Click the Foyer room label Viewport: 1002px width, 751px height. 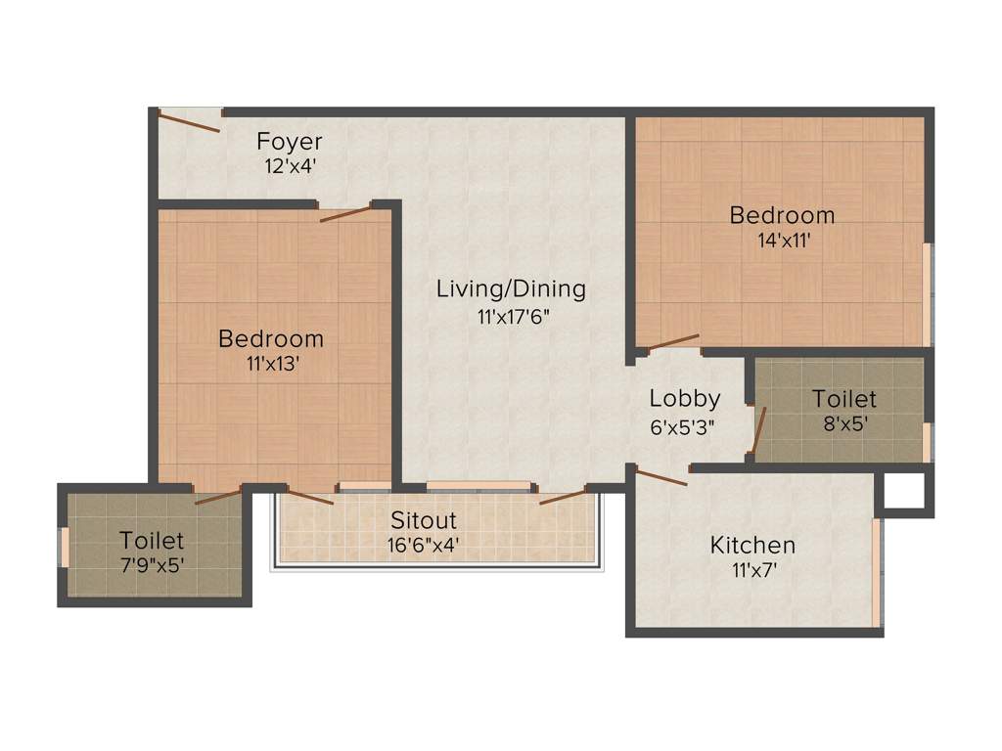(289, 142)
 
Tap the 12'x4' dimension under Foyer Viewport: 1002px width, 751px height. (289, 166)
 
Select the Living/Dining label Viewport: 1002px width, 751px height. (511, 288)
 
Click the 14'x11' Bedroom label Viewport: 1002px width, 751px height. (782, 215)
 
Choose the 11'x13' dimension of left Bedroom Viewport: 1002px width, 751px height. (271, 365)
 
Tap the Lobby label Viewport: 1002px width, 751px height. (685, 398)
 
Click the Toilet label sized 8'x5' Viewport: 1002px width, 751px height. (844, 399)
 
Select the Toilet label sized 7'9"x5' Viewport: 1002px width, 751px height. (152, 540)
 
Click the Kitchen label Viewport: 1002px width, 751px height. (752, 545)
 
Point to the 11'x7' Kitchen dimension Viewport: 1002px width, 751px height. (752, 570)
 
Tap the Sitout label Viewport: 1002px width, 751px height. (424, 519)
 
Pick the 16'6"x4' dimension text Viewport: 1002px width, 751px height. (424, 545)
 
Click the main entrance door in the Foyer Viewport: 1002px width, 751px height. (189, 120)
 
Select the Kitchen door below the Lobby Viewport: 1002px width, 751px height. (661, 477)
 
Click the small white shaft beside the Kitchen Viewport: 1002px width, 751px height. (903, 492)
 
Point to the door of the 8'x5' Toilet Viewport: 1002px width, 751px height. (755, 429)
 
